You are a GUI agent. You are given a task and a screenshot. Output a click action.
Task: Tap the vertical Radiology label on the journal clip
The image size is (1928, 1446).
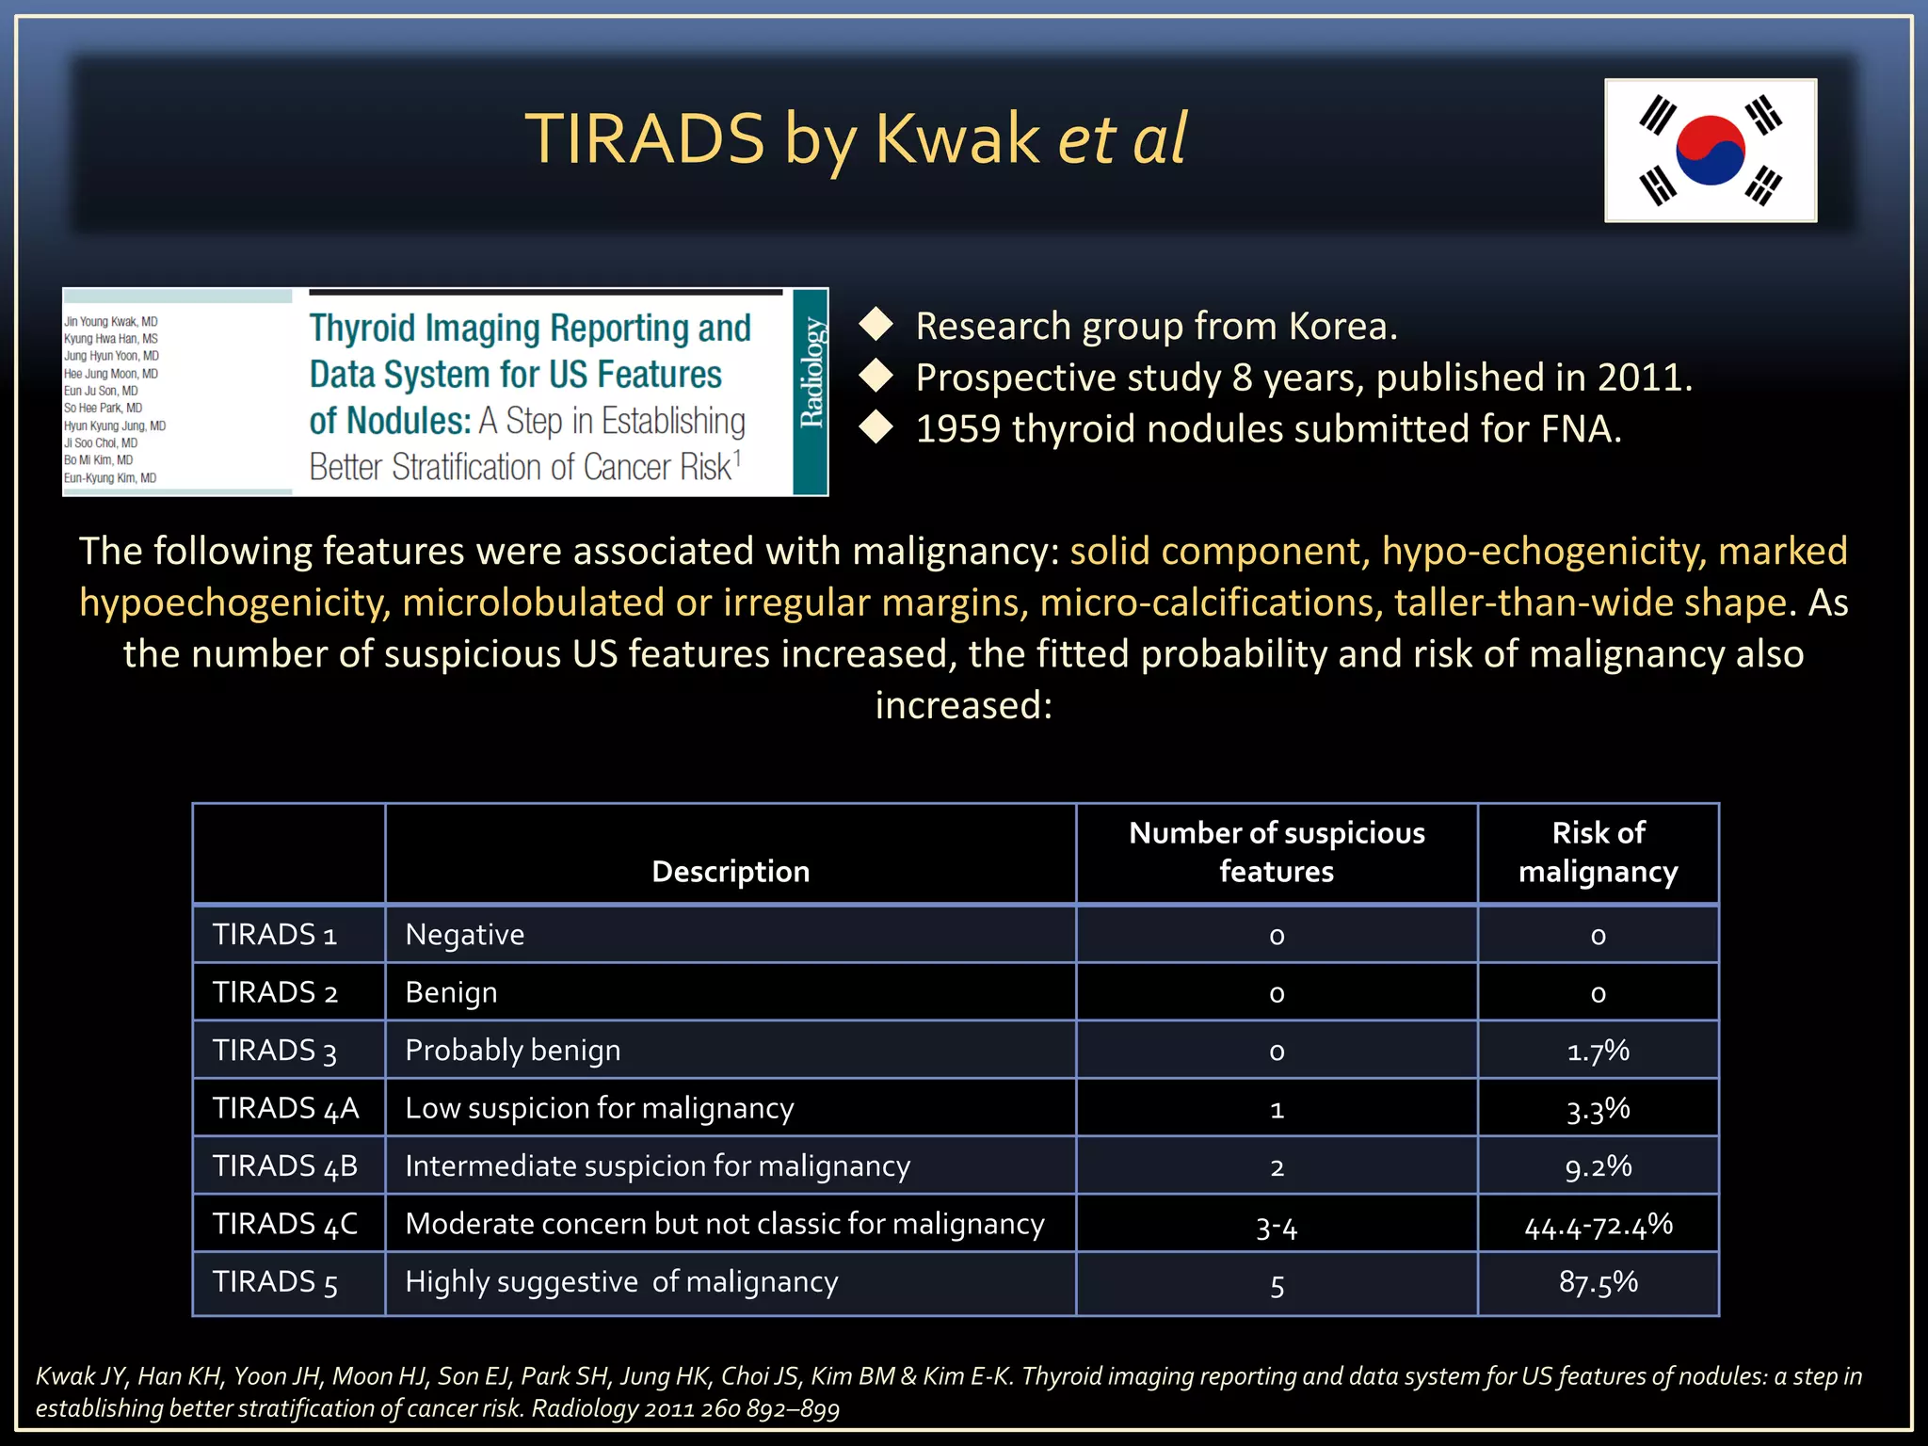pos(811,373)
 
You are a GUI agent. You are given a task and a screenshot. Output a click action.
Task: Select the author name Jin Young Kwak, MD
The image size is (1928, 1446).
pos(111,322)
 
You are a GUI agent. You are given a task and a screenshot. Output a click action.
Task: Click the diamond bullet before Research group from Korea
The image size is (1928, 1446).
pos(876,325)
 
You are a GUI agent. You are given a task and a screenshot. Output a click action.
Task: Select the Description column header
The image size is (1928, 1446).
pos(731,872)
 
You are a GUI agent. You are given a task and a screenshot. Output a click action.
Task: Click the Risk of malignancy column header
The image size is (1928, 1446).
pos(1598,852)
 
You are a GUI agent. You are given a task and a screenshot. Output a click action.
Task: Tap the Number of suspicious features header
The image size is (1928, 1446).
pos(1277,852)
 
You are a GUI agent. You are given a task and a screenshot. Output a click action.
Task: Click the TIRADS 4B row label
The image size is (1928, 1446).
pos(285,1166)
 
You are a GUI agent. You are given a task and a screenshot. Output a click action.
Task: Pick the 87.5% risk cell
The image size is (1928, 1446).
pos(1598,1282)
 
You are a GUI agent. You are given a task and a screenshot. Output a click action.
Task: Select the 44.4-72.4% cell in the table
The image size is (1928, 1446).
pos(1598,1225)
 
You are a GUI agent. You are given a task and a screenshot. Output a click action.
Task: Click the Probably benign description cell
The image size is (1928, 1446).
pos(513,1051)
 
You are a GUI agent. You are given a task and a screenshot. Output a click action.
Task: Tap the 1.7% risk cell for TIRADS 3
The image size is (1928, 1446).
pos(1598,1051)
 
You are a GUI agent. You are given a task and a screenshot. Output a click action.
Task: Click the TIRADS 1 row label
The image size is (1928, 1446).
pos(274,935)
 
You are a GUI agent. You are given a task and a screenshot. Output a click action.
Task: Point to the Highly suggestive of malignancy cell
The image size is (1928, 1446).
pos(621,1282)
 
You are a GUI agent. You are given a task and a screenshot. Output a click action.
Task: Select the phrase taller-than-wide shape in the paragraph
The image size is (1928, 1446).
pos(1590,602)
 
